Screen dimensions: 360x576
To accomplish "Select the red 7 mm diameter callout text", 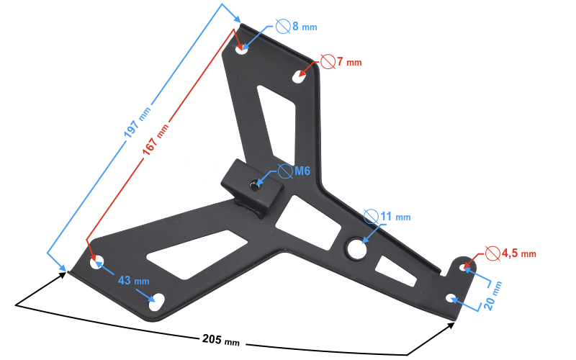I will pyautogui.click(x=348, y=62).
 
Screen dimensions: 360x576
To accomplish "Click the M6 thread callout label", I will pyautogui.click(x=302, y=171).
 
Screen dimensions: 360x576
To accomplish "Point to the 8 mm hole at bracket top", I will pyautogui.click(x=242, y=50).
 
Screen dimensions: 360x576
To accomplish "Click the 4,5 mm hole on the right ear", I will pyautogui.click(x=464, y=267).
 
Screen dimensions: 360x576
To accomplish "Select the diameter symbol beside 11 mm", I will pyautogui.click(x=371, y=215).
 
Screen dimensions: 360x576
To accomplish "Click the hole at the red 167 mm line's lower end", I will pyautogui.click(x=97, y=264).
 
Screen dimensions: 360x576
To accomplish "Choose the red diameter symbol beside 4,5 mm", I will pyautogui.click(x=492, y=253).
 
